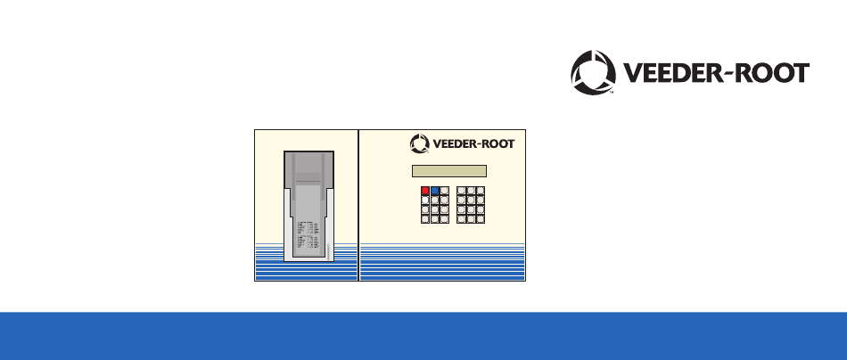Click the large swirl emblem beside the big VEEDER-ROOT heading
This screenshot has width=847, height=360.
[593, 72]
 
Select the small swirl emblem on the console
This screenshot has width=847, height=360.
[420, 143]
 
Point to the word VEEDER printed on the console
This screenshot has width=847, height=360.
[456, 143]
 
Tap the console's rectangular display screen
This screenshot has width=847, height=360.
[448, 171]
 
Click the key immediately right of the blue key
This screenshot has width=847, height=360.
[445, 191]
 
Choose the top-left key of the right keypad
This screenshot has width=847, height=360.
[460, 191]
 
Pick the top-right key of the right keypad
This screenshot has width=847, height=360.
[480, 191]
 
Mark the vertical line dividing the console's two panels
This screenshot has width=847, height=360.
[358, 205]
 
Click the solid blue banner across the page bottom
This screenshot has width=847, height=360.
[423, 336]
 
